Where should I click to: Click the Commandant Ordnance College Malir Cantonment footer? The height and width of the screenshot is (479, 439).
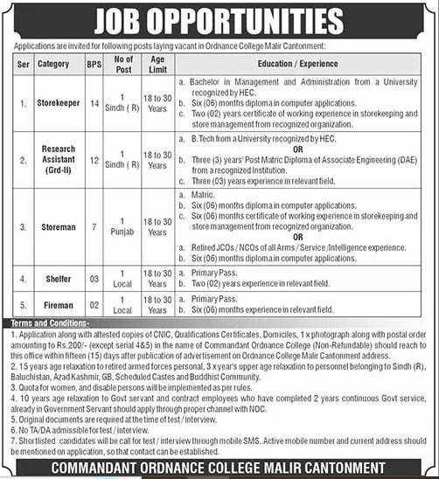point(219,467)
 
